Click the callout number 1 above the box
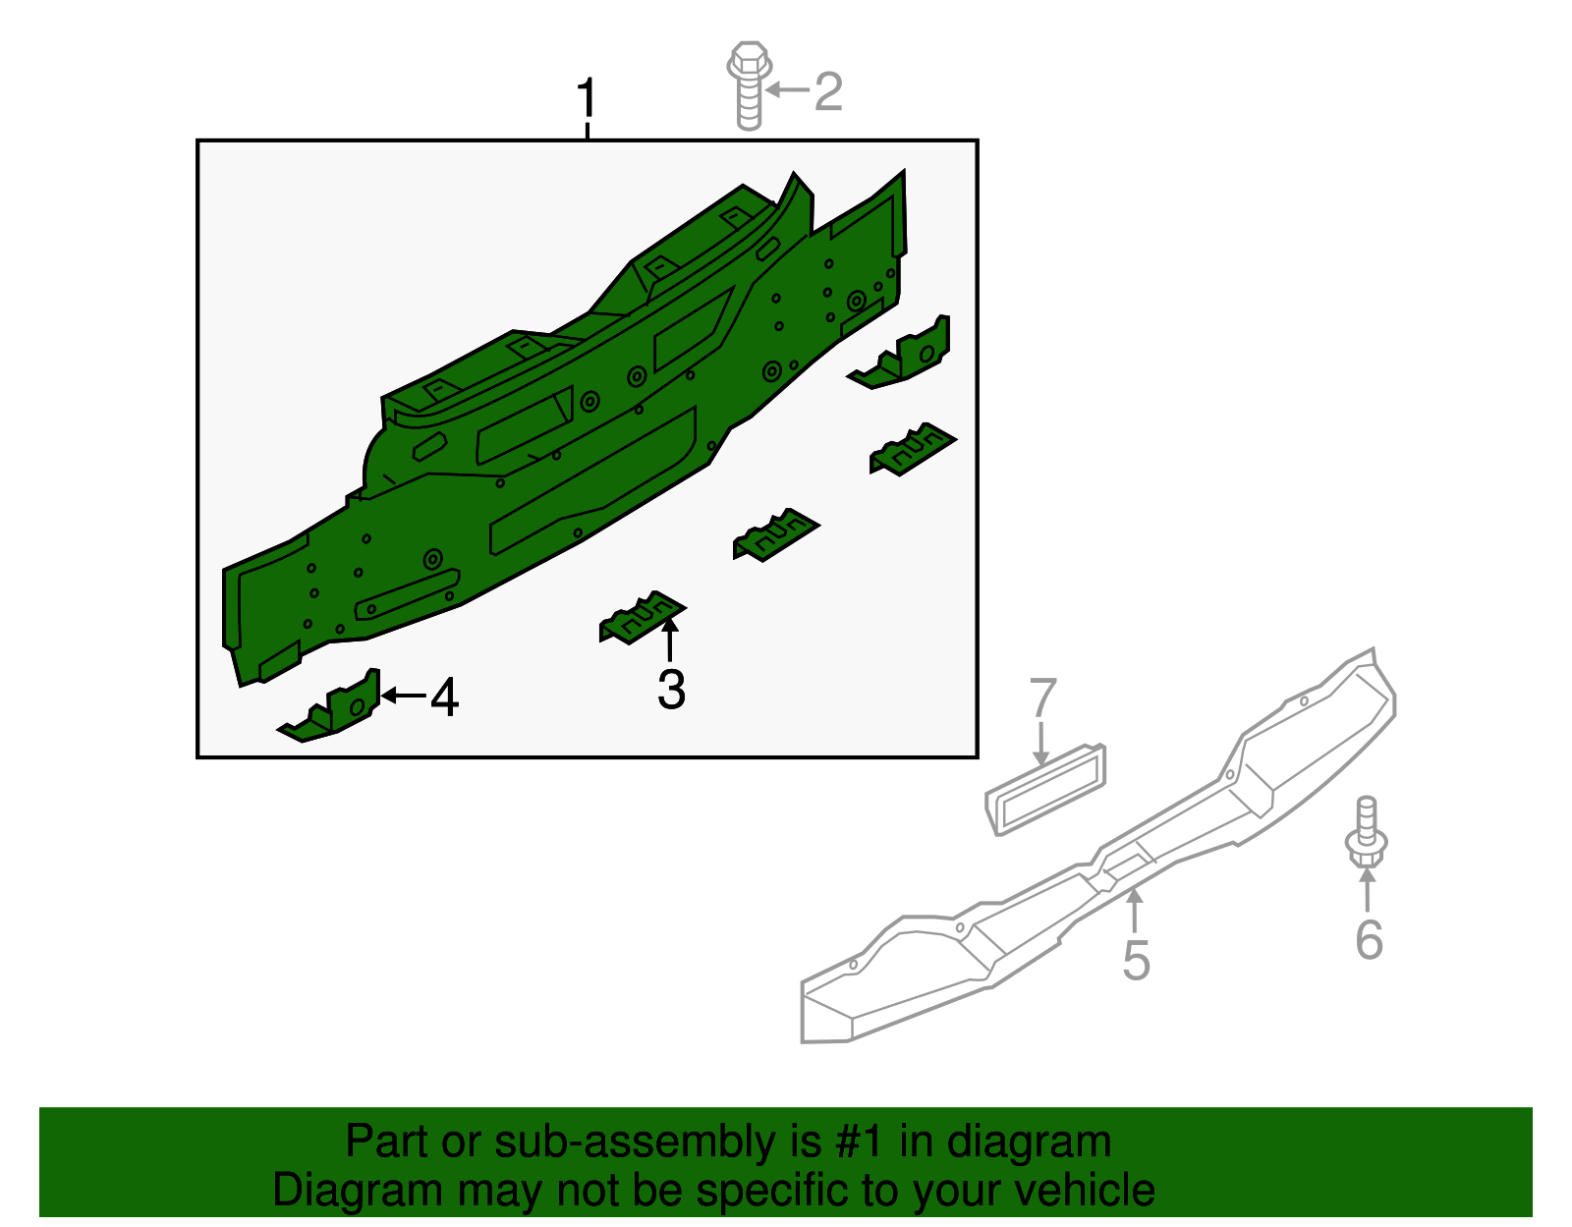(x=587, y=99)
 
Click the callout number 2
(x=828, y=91)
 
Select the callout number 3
(x=671, y=690)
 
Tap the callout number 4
(x=444, y=697)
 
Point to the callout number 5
(x=1136, y=960)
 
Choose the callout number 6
(x=1369, y=940)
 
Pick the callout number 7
(x=1042, y=699)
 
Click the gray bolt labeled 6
(x=1366, y=835)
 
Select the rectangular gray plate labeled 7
(x=1046, y=791)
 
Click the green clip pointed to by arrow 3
(x=642, y=618)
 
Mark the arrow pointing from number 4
(x=403, y=696)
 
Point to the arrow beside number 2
(x=788, y=90)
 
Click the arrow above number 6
(x=1367, y=889)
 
